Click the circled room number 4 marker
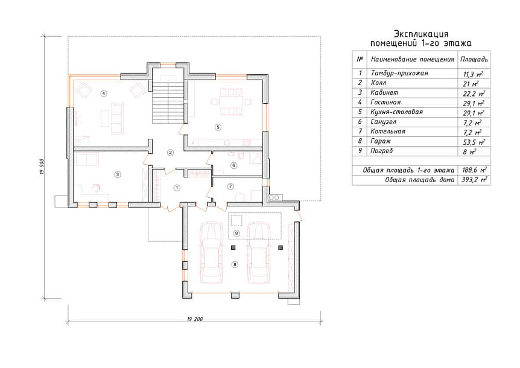[104, 94]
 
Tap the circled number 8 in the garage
[235, 264]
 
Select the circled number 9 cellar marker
[236, 233]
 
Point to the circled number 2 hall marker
[171, 153]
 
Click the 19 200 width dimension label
[195, 319]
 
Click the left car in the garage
[212, 253]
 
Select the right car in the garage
[259, 253]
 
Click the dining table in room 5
[232, 101]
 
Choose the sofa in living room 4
[117, 118]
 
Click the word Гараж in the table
[381, 141]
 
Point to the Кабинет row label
[384, 92]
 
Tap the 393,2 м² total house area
[474, 180]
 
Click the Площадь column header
[474, 59]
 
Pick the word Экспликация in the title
[421, 34]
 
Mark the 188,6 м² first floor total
[474, 170]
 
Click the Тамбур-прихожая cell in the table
[399, 73]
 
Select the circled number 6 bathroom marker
[234, 165]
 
